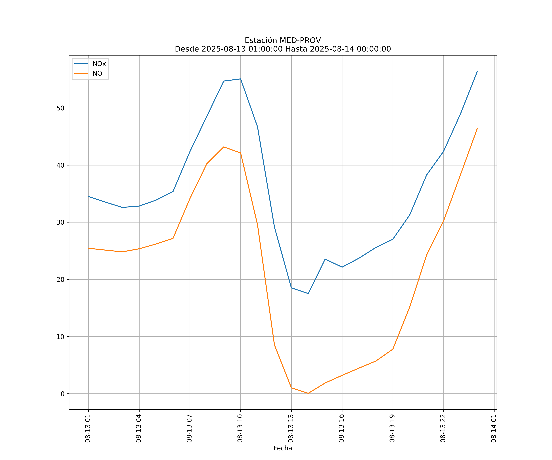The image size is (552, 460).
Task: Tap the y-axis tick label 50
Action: pyautogui.click(x=60, y=108)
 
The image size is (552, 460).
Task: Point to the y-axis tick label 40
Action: pyautogui.click(x=60, y=165)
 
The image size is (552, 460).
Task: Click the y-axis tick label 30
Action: pyautogui.click(x=60, y=222)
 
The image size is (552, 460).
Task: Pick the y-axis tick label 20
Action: pyautogui.click(x=60, y=279)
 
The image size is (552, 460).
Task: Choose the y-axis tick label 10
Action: pyautogui.click(x=60, y=337)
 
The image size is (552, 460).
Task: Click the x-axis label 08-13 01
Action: pyautogui.click(x=88, y=428)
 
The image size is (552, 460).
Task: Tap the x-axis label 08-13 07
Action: pyautogui.click(x=189, y=428)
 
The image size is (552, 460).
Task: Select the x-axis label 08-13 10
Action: pyautogui.click(x=240, y=428)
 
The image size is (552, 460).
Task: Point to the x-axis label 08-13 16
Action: pyautogui.click(x=341, y=428)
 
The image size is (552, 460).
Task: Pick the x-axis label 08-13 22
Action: pyautogui.click(x=443, y=428)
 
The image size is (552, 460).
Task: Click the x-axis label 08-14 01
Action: pyautogui.click(x=494, y=428)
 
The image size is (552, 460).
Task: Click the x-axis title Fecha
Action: pyautogui.click(x=283, y=448)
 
